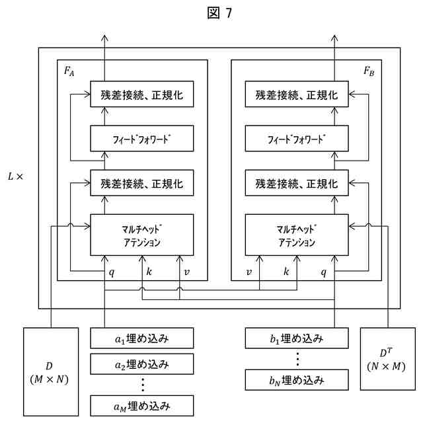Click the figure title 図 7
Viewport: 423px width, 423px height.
[x=219, y=13]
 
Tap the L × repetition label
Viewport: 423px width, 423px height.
[x=16, y=176]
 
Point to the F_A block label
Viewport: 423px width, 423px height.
[x=69, y=71]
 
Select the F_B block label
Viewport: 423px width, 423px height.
[x=369, y=71]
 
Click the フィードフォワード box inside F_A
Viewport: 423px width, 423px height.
[x=142, y=138]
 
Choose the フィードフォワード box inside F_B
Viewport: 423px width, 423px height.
[x=297, y=138]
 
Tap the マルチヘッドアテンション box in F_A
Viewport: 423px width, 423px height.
[x=142, y=235]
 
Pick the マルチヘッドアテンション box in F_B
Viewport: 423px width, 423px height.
[x=297, y=235]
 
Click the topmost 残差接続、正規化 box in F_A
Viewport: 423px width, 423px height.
[x=142, y=94]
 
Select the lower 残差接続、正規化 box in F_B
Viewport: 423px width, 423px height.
[x=297, y=183]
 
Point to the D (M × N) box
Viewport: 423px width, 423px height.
[x=51, y=371]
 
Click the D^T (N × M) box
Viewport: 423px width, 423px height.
[x=388, y=359]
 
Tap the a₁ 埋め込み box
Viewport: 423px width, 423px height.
[x=142, y=338]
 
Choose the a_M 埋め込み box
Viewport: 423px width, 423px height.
[x=142, y=406]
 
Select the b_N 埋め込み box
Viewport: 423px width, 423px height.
[x=297, y=380]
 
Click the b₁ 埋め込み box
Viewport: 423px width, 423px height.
[x=297, y=338]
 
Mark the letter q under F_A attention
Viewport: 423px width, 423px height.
[x=112, y=272]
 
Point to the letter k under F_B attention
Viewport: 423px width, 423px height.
[x=286, y=272]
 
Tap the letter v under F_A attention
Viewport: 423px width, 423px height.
[x=186, y=272]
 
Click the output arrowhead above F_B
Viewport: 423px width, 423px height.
[x=334, y=38]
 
